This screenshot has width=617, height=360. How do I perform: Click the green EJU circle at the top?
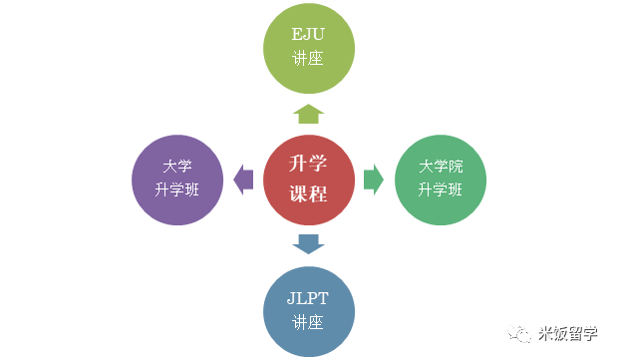point(309,48)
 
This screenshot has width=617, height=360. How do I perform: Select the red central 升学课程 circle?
point(309,180)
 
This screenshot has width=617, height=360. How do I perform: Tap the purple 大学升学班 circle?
point(177,180)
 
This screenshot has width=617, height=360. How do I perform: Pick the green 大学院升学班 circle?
point(441,180)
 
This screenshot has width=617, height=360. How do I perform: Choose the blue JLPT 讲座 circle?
point(309,311)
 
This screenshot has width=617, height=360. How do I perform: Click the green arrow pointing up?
point(309,114)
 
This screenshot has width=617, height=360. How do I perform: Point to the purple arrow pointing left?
point(243,180)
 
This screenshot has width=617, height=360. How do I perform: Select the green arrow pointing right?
point(374,180)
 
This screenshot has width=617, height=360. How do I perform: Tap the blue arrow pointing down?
point(309,244)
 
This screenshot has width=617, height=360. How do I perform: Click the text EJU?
point(308,34)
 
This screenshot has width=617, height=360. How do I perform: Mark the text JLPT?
point(308,298)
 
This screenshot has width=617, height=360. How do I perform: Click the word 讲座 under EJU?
point(308,58)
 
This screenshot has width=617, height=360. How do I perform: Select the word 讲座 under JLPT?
point(308,322)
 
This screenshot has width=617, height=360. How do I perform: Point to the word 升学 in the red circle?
point(308,164)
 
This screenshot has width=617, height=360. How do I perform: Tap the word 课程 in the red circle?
point(309,193)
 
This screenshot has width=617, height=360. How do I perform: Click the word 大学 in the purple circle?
point(177,167)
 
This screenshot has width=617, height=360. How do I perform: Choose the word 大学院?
point(441,167)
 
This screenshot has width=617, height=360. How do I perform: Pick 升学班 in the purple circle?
point(177,189)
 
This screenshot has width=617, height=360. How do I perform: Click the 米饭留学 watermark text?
point(568,334)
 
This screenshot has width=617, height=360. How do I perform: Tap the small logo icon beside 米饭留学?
point(519,334)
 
